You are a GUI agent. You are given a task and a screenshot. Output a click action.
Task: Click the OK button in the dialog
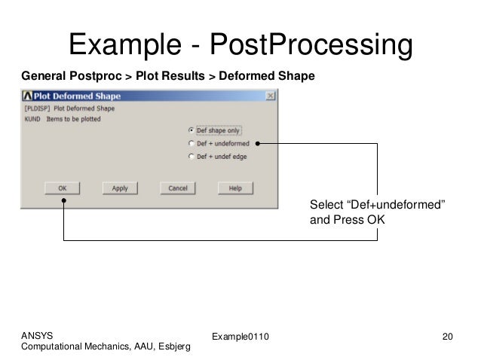pos(63,188)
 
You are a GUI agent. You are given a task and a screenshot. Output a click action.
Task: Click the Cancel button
pos(177,188)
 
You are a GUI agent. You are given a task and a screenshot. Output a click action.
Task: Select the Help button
pos(234,188)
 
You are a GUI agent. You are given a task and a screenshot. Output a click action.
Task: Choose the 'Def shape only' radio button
pos(191,130)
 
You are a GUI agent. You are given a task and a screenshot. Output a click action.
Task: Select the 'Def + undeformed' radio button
pos(191,143)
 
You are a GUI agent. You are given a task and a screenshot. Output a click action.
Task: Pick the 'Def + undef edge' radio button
pos(191,156)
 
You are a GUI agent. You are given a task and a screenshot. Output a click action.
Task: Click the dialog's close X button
pos(270,96)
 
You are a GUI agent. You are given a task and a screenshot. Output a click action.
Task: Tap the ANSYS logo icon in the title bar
pos(27,96)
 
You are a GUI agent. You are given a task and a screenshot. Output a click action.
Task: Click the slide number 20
pos(449,334)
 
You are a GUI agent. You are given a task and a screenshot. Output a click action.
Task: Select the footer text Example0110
pos(240,334)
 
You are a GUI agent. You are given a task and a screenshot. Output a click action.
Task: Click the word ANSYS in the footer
pos(38,334)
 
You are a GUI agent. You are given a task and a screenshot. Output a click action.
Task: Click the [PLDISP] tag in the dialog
pos(37,108)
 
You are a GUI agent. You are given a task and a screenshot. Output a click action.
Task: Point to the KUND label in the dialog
pos(32,118)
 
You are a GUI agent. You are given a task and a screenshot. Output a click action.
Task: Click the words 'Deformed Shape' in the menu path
pos(273,77)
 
